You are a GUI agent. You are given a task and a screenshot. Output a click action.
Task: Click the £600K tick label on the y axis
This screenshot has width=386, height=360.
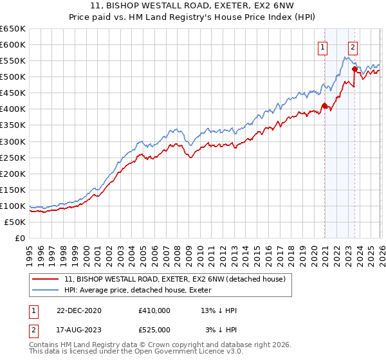13,44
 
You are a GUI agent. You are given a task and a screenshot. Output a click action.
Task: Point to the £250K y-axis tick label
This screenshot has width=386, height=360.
13,157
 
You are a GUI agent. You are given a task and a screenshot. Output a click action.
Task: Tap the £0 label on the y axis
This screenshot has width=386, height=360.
20,238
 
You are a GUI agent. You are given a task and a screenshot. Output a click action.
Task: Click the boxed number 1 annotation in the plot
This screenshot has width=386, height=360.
322,46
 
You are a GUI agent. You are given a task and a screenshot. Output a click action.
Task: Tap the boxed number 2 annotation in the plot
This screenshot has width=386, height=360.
353,46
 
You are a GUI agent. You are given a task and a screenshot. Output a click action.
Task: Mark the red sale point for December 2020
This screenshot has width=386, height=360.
324,105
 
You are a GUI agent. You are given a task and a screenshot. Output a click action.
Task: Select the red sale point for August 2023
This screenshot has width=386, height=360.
354,69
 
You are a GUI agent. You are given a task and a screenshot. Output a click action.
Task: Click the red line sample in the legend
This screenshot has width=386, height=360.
47,279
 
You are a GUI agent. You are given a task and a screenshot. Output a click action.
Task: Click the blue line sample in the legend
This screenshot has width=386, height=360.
47,290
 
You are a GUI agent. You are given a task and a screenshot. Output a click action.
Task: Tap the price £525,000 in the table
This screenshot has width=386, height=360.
154,330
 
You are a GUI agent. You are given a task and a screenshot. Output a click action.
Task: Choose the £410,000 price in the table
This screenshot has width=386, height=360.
154,310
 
